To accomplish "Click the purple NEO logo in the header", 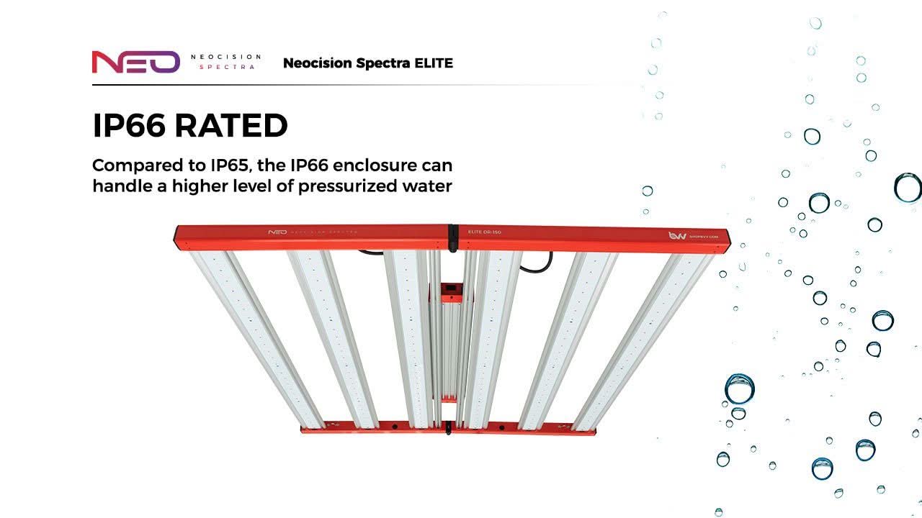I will click(135, 62).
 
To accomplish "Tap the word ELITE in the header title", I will click(434, 63).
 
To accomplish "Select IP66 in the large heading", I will click(130, 126).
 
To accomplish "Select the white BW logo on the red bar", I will click(676, 235).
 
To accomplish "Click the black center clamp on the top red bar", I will click(453, 238).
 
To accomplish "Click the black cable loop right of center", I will click(536, 262).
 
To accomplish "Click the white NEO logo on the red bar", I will click(277, 232).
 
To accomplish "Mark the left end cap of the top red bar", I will click(178, 237).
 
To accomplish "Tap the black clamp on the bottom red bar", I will click(449, 427).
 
